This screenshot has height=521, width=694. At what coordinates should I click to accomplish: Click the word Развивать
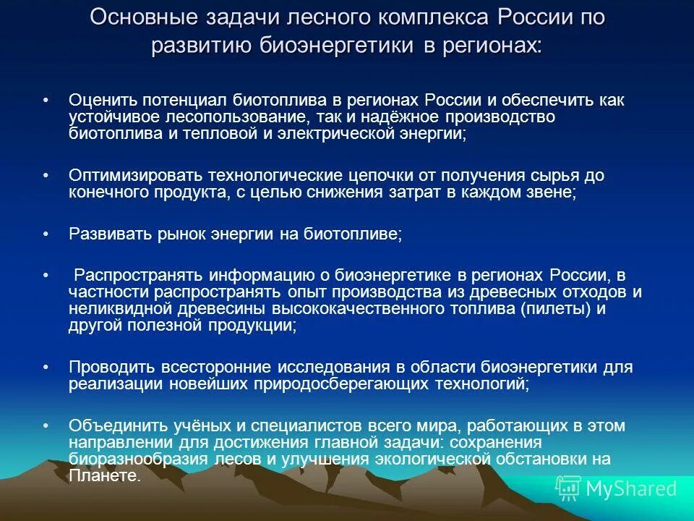110,234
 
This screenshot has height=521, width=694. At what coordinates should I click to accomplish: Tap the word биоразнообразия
138,459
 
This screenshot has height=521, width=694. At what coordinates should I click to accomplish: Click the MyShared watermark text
631,489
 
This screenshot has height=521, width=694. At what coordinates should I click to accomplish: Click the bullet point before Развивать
46,234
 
